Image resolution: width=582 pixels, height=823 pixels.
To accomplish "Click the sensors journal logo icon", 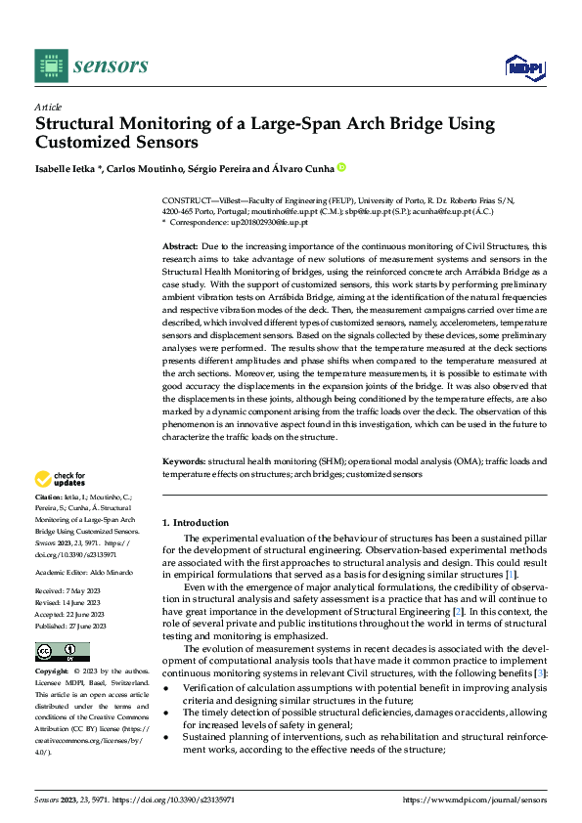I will (x=51, y=65).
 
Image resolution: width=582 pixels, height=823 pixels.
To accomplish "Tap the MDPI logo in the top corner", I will (x=523, y=65).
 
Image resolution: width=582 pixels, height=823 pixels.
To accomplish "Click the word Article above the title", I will (x=48, y=107).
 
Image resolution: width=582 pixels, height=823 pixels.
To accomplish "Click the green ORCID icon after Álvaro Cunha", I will (x=341, y=168).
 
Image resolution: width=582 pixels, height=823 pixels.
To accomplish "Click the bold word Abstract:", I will (x=180, y=246).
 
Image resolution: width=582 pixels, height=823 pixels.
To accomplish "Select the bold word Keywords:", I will (x=183, y=458).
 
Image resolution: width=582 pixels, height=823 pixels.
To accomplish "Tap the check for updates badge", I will (x=60, y=480).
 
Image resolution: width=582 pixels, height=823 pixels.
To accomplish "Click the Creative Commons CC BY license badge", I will (x=62, y=652).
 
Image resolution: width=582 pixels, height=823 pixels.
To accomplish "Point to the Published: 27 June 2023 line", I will (x=72, y=625).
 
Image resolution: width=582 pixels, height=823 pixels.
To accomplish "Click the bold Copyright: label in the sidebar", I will (x=53, y=672).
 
